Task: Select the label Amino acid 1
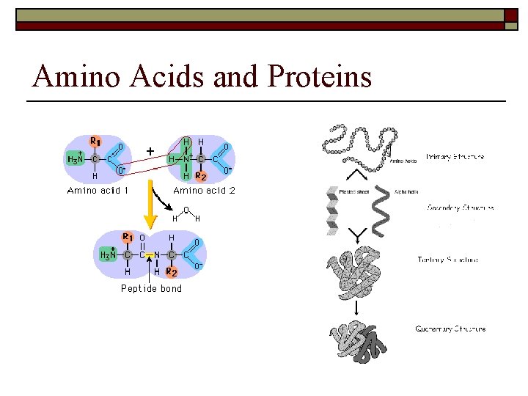pos(98,191)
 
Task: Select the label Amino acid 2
pos(204,191)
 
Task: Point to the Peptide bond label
pos(151,288)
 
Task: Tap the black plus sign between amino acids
pos(150,151)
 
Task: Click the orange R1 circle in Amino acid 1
pos(95,142)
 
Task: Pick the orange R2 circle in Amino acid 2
pos(200,176)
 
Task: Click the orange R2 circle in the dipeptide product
pos(172,272)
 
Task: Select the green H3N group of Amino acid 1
pos(75,158)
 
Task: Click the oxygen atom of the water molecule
pos(186,210)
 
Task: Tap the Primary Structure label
pos(455,157)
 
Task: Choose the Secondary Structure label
pos(461,208)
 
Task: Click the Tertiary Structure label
pos(448,260)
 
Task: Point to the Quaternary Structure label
pos(450,329)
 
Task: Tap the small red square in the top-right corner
pos(511,14)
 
